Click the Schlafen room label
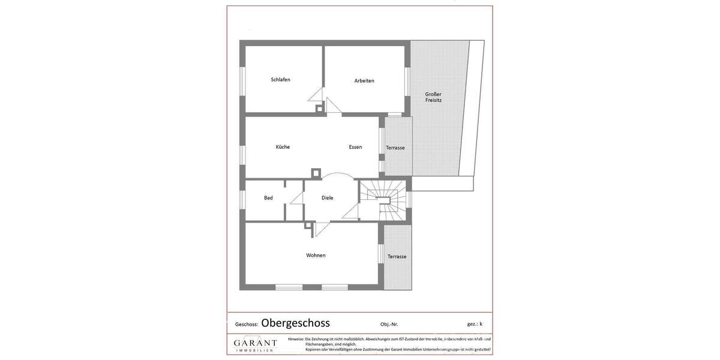(x=280, y=80)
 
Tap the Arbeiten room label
(x=364, y=81)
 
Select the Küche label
(x=283, y=147)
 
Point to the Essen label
(x=355, y=147)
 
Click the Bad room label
(x=268, y=198)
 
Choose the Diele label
(x=327, y=198)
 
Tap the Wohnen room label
(x=316, y=256)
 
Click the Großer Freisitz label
(x=433, y=97)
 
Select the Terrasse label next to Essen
(x=395, y=148)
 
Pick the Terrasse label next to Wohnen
(x=397, y=257)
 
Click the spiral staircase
(x=383, y=200)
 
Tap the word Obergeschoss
(x=295, y=323)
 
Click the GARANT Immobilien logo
(x=255, y=344)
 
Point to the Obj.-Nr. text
(x=389, y=325)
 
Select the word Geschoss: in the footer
(x=247, y=325)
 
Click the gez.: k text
(x=475, y=324)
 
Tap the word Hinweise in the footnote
(x=296, y=339)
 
